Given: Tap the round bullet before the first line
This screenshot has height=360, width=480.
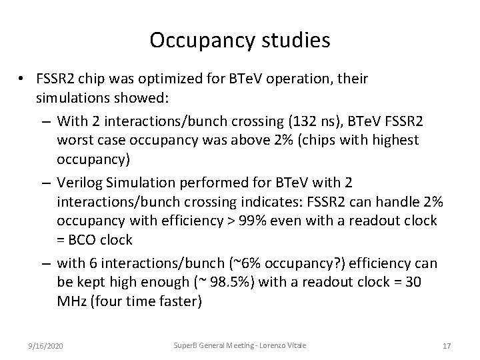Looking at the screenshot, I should (x=22, y=79).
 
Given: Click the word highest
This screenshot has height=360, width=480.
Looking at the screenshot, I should (x=393, y=139).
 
